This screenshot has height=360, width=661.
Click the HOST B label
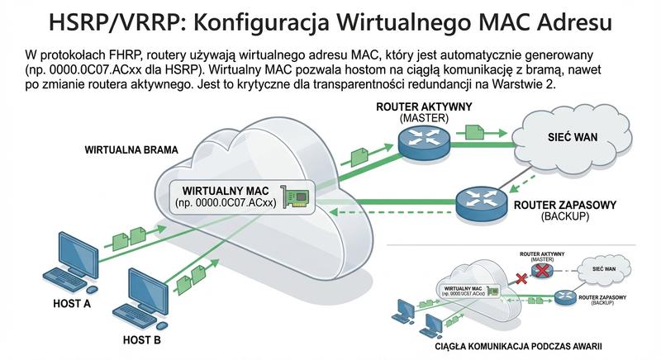click(141, 339)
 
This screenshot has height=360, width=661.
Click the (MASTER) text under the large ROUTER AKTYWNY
click(424, 118)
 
